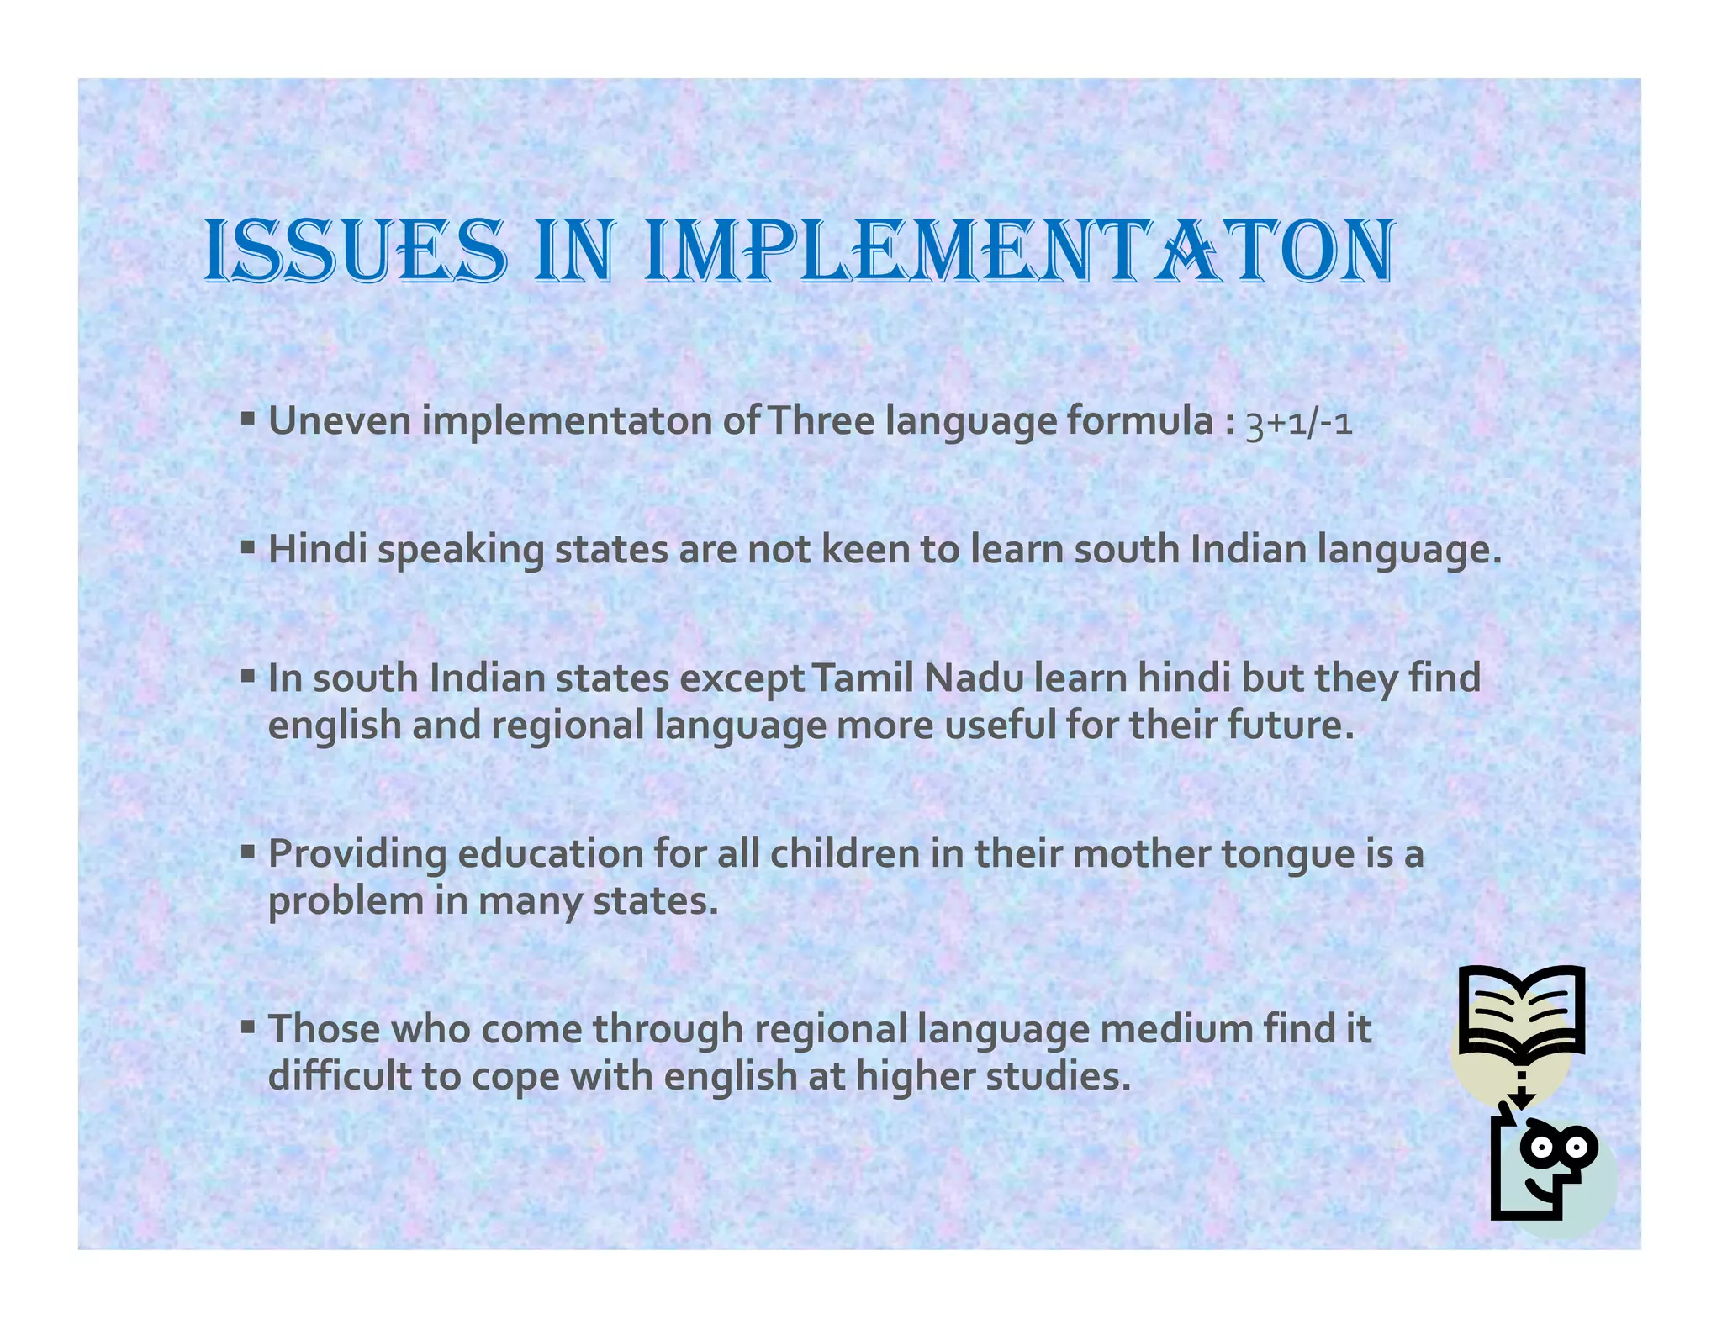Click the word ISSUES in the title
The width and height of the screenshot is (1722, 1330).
(x=356, y=251)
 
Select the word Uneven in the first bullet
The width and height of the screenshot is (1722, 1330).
(x=339, y=420)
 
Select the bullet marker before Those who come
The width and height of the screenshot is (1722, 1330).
(x=247, y=1027)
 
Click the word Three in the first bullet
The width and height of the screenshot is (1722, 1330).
(x=821, y=420)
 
